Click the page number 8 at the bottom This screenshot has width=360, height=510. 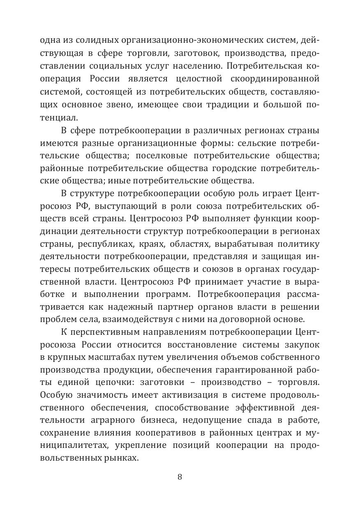180,477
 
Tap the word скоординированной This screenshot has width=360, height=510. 278,78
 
